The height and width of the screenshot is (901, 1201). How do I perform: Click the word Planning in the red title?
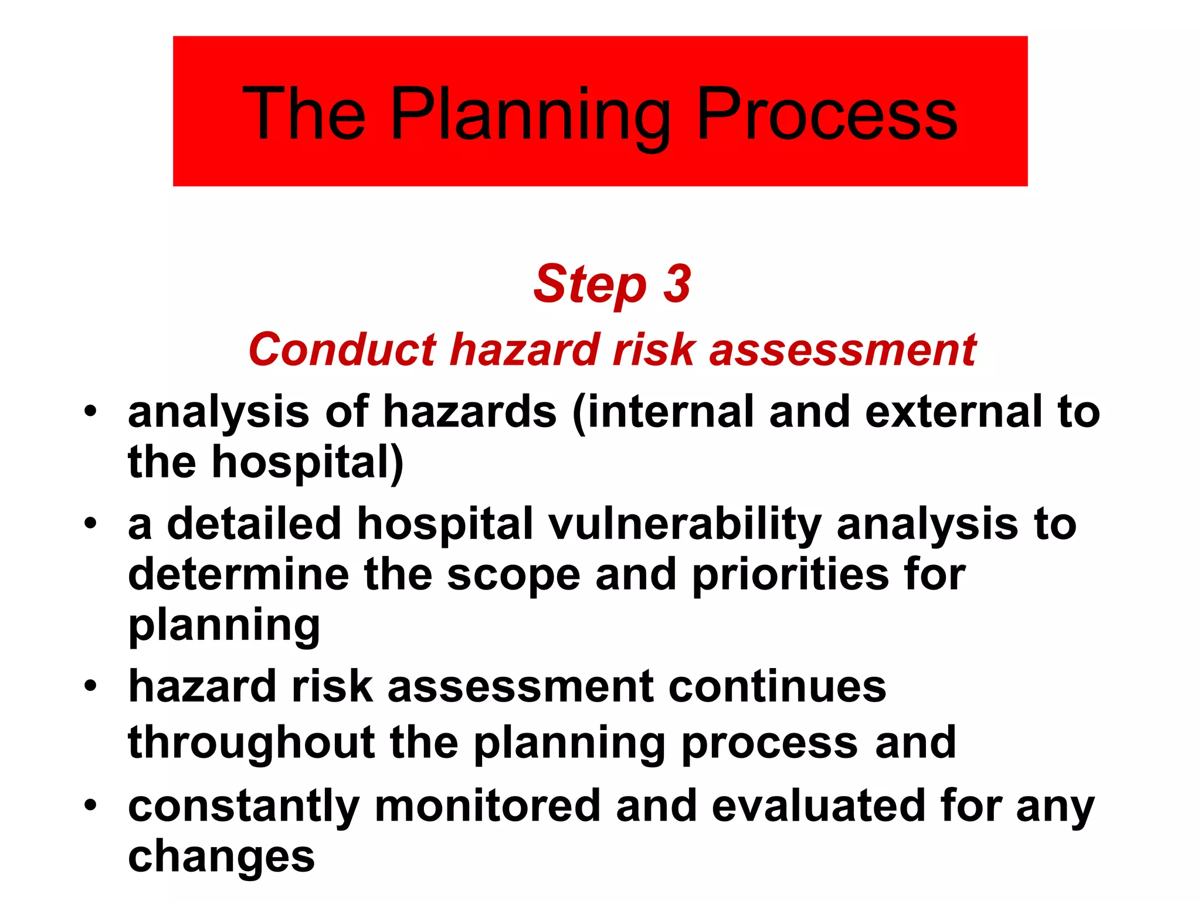[x=530, y=114]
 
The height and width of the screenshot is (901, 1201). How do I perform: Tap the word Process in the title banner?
[x=827, y=114]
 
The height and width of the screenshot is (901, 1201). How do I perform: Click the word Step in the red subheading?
[x=589, y=285]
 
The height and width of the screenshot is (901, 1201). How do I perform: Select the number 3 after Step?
[x=677, y=284]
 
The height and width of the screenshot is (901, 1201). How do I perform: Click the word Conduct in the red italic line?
[x=342, y=350]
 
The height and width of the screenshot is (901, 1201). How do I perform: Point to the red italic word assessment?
[x=843, y=350]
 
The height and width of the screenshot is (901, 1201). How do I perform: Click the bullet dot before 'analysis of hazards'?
[x=89, y=411]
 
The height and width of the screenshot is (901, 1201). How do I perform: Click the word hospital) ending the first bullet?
[x=307, y=463]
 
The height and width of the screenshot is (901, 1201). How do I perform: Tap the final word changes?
[x=221, y=856]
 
